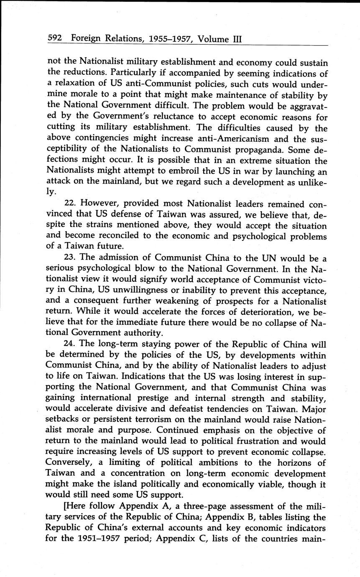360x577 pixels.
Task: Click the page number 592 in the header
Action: (x=55, y=38)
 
